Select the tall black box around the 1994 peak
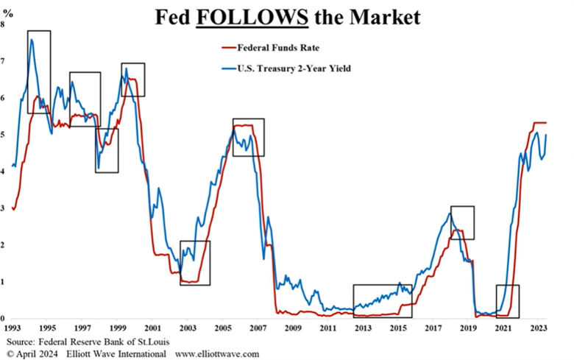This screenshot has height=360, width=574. pos(39,71)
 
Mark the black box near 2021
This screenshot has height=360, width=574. pos(508,300)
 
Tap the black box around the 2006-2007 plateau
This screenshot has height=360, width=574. pos(249,137)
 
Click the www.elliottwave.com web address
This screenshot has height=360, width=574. pos(216,354)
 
